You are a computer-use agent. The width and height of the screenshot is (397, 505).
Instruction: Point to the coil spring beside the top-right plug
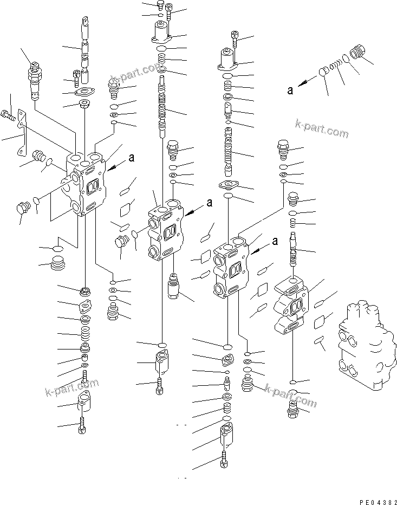tap(337, 63)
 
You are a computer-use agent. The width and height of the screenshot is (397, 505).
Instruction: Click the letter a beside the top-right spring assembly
tap(291, 90)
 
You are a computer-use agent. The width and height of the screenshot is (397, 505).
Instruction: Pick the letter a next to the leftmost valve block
tap(131, 159)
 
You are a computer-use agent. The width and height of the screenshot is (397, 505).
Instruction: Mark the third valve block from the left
tap(231, 266)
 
